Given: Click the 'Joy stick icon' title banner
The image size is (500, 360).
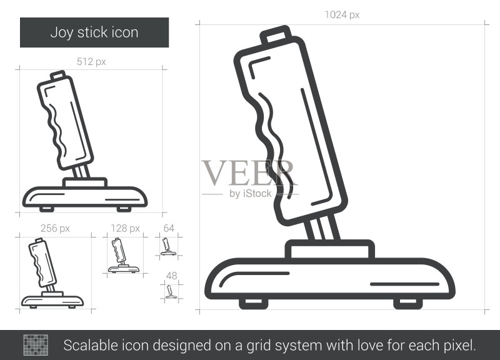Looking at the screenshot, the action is [x=94, y=32].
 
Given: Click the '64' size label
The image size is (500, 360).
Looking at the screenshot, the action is [x=169, y=228].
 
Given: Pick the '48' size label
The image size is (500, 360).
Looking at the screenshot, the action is [x=171, y=276].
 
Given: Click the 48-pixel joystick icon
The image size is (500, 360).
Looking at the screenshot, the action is [x=171, y=292].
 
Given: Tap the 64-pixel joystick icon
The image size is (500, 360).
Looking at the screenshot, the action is [x=168, y=246].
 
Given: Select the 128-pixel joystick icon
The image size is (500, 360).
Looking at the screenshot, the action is [x=123, y=256].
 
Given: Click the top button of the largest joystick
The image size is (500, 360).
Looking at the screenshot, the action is [x=276, y=34].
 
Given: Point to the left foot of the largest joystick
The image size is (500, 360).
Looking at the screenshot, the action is [x=254, y=303].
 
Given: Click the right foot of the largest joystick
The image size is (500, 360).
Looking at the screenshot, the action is [x=408, y=303].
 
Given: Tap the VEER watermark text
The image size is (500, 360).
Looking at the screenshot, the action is [x=249, y=172].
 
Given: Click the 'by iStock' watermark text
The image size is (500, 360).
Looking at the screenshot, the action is [x=251, y=194].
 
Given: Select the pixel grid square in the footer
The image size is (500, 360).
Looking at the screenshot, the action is [x=36, y=345].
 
